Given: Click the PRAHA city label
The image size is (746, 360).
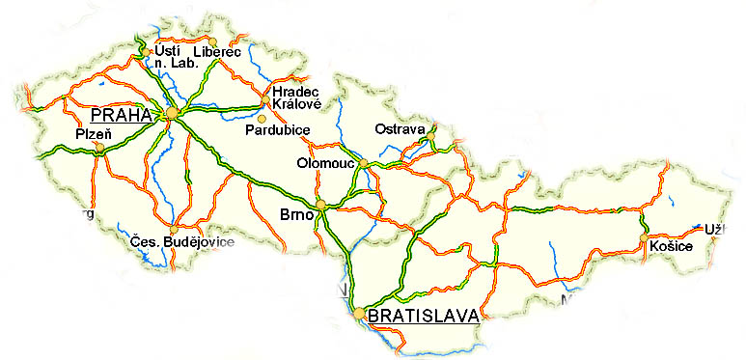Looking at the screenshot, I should pos(121,114).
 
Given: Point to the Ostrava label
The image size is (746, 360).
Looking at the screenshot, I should pos(400,129).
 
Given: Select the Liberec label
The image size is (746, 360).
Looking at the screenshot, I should pos(216,50).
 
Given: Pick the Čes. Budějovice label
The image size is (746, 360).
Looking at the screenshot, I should pos(182,242).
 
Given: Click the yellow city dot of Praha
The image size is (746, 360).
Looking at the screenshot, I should pos(172,114).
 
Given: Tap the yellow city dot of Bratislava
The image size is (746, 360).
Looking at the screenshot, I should pos(359,314).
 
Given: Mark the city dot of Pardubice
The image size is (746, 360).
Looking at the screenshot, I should pos(261,118).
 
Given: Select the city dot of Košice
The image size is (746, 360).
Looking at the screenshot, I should pos(643,237).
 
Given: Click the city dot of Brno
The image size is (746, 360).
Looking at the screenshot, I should pos(321,205).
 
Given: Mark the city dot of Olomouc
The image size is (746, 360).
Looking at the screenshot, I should pos(364,165).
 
